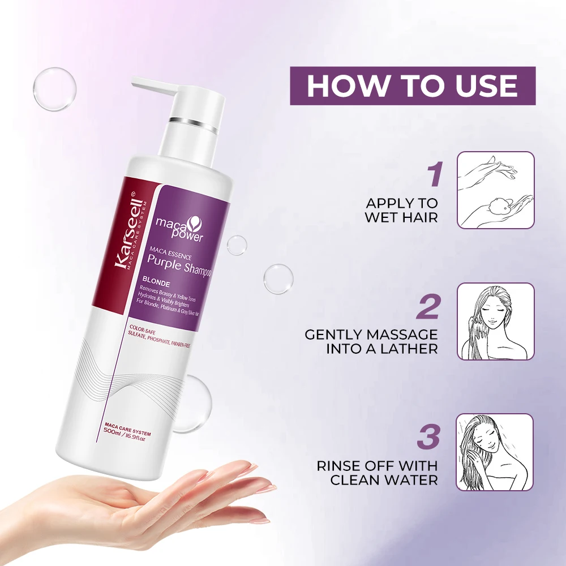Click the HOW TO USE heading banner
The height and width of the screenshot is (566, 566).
click(x=413, y=85)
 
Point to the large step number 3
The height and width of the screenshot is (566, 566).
click(x=428, y=438)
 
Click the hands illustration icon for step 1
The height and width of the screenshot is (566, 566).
click(x=495, y=190)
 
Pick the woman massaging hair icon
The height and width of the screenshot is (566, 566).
click(x=495, y=321)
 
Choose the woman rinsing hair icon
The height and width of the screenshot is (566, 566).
click(x=495, y=452)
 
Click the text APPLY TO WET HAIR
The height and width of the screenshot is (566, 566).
click(x=402, y=210)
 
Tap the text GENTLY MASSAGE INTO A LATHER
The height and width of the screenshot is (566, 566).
click(x=371, y=341)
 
